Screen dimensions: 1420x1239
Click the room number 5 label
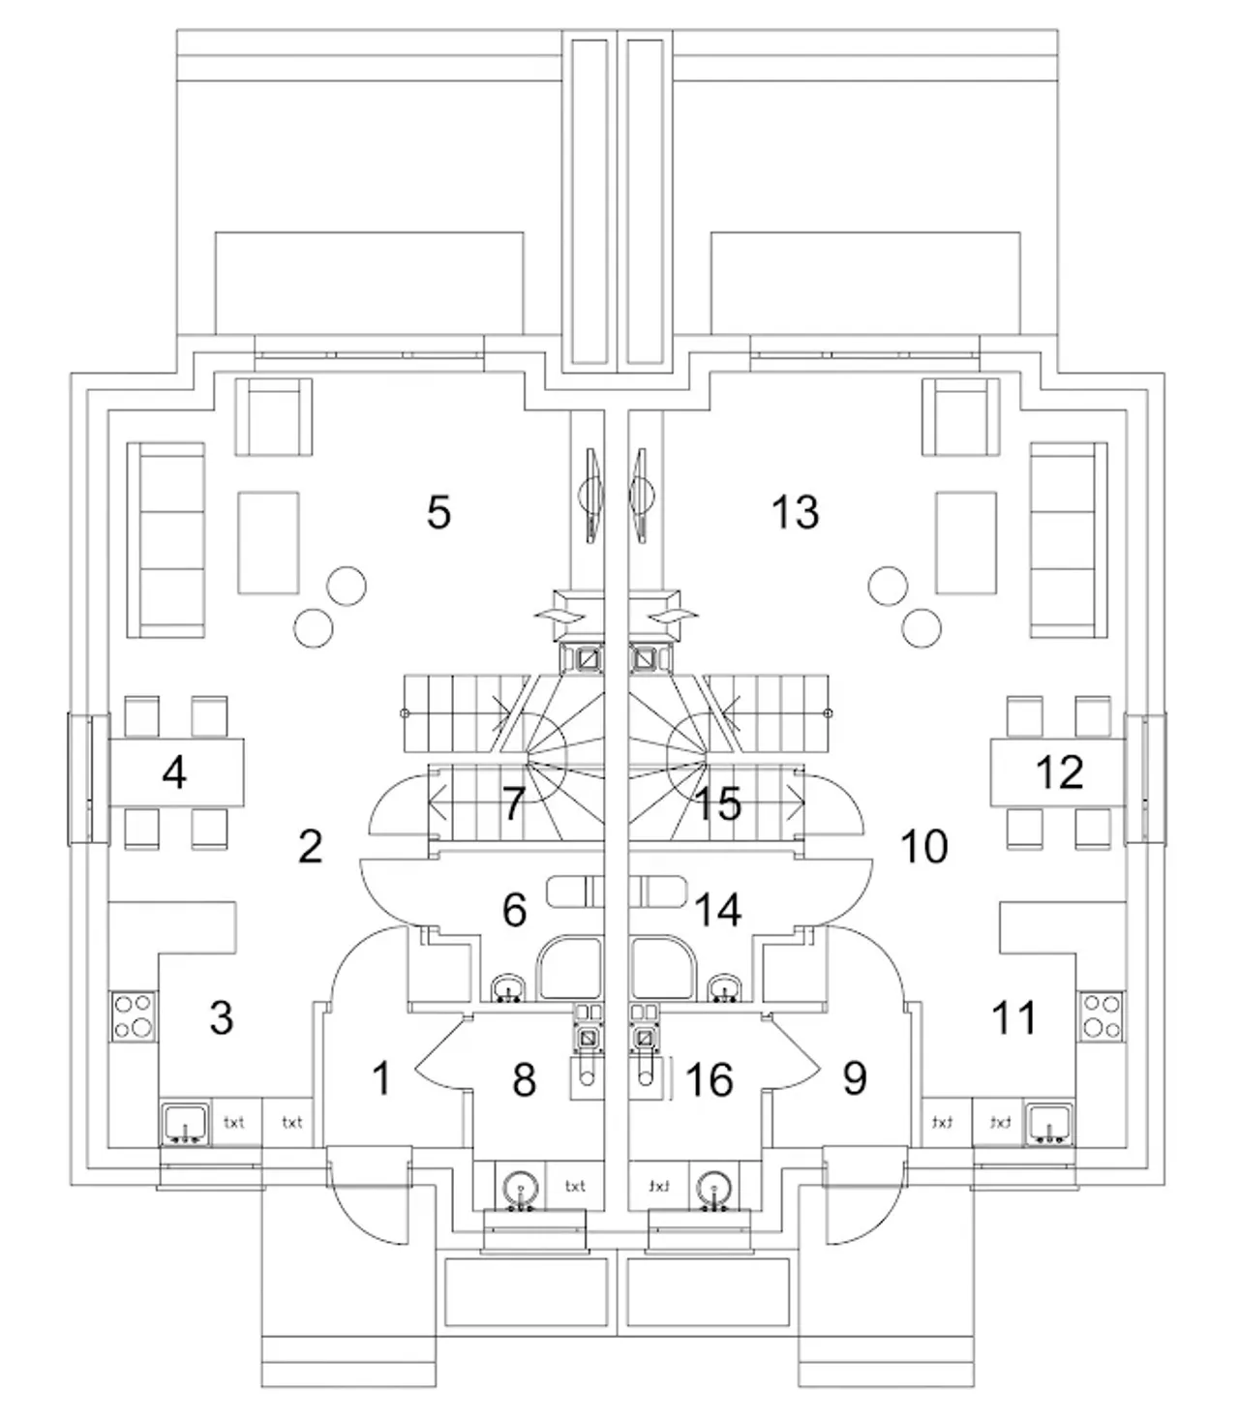438,512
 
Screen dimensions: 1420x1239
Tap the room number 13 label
795,512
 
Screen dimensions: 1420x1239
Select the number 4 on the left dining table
174,772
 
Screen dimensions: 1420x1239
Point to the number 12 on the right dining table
1059,772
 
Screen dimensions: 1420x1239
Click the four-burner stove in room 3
134,1015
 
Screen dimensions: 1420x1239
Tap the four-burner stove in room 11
1102,1015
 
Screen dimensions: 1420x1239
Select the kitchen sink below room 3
185,1124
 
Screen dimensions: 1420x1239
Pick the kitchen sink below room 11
1049,1124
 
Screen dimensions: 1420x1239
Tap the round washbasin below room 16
713,1186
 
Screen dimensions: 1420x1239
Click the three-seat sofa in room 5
166,540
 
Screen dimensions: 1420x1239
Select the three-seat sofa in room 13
1069,540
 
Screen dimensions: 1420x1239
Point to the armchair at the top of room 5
275,416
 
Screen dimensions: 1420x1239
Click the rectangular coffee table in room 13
966,542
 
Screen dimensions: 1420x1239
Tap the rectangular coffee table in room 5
268,542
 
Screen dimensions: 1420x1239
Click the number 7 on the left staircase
513,803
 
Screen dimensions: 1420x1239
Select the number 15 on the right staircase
719,803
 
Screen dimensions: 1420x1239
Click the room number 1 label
381,1078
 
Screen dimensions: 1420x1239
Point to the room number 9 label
854,1078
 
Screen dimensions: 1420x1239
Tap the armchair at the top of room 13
960,416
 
